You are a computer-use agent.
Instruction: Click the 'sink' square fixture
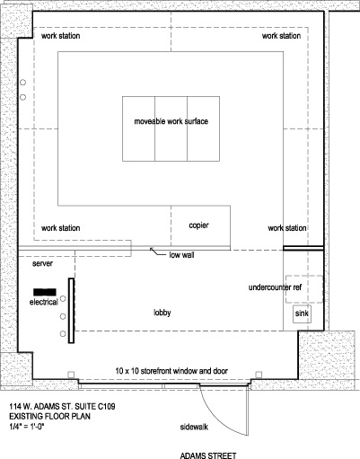(302, 314)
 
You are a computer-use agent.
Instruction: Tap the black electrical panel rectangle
(45, 292)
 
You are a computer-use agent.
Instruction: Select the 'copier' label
(198, 225)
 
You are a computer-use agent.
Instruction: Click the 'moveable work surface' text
(171, 121)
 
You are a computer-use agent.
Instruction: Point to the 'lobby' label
(162, 313)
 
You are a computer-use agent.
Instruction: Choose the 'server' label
(42, 264)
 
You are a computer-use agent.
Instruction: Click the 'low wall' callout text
(181, 255)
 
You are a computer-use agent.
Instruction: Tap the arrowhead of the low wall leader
(151, 249)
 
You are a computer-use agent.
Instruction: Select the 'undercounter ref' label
(275, 287)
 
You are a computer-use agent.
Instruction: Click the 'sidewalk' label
(194, 427)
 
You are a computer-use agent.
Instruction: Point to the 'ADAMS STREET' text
(208, 455)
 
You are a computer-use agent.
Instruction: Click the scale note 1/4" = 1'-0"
(27, 426)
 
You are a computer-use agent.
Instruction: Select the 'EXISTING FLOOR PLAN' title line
(49, 416)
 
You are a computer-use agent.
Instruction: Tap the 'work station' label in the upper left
(61, 36)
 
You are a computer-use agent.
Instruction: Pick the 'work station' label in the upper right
(281, 36)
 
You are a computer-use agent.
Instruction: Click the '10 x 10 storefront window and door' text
(171, 371)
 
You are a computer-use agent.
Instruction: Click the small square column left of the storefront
(71, 375)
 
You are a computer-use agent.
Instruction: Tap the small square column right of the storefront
(259, 375)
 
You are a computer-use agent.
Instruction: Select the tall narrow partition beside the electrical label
(71, 311)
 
